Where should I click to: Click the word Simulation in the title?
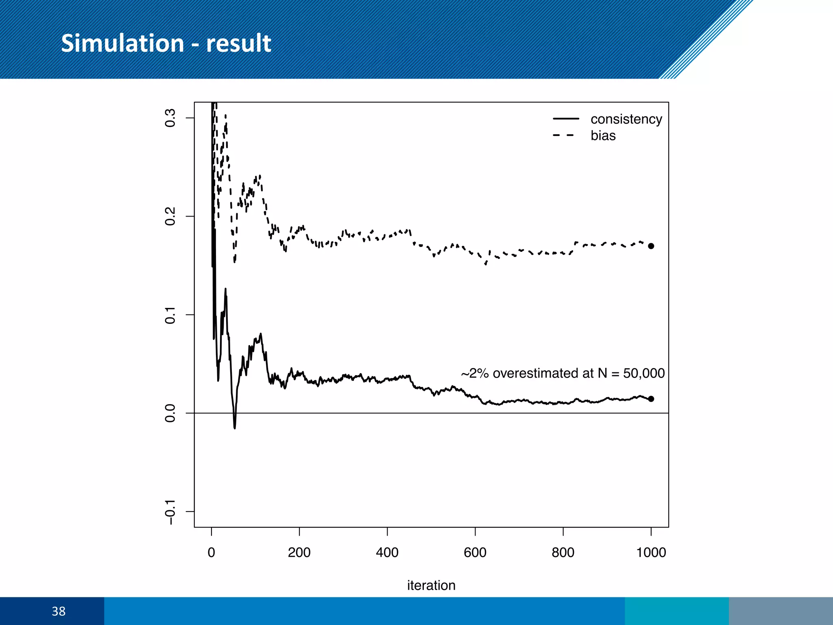[x=122, y=43]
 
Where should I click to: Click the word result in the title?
[x=238, y=43]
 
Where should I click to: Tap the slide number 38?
[x=59, y=611]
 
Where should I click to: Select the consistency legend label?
[x=626, y=119]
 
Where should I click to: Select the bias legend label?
[x=603, y=135]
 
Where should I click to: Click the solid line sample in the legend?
[x=565, y=119]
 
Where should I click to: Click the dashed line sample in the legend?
[x=564, y=135]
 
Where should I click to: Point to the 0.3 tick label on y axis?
[x=170, y=118]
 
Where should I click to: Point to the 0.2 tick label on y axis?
[x=170, y=216]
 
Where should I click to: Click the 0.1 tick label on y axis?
[x=170, y=315]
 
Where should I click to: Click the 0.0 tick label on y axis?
[x=170, y=413]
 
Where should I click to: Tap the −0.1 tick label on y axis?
[x=170, y=512]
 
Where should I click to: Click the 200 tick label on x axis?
[x=299, y=553]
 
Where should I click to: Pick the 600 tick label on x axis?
[x=475, y=553]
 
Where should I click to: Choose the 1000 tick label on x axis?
[x=651, y=553]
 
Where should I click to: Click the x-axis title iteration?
[x=431, y=586]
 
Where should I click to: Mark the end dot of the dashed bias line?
[x=651, y=246]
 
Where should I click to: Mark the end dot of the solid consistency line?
[x=651, y=399]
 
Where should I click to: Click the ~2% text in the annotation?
[x=475, y=373]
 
